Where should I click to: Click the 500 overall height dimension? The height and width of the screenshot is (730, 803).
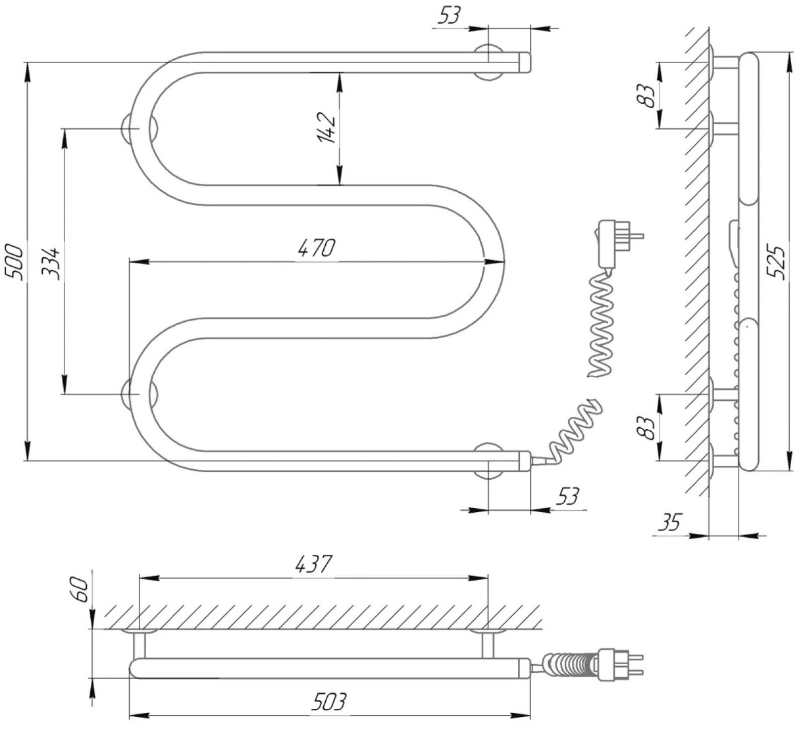(x=13, y=261)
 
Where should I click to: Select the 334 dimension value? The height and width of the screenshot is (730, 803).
(x=51, y=264)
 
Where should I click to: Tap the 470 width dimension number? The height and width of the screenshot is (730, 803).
(x=317, y=248)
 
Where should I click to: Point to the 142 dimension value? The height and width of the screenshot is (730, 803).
(x=326, y=128)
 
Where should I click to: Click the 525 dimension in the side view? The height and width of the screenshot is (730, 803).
(x=776, y=261)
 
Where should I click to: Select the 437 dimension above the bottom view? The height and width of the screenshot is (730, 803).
(x=314, y=564)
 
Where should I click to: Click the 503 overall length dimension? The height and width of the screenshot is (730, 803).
(x=329, y=701)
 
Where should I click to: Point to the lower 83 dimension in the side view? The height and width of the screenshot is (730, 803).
(x=645, y=428)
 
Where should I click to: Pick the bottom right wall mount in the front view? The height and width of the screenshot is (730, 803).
(x=488, y=461)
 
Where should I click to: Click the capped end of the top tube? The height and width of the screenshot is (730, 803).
(x=525, y=62)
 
